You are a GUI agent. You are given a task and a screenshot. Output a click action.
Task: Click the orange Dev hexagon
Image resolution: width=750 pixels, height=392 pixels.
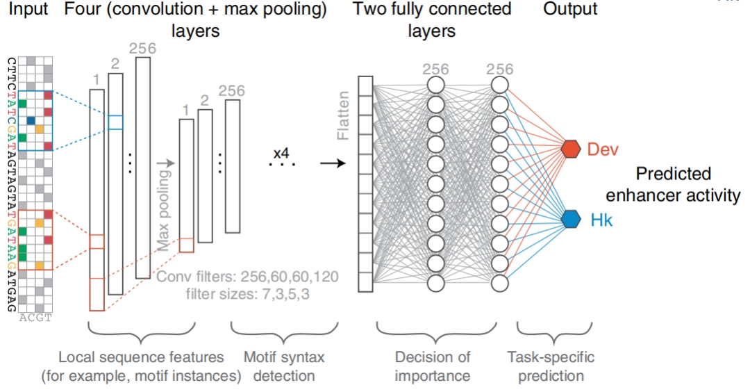pyautogui.click(x=571, y=149)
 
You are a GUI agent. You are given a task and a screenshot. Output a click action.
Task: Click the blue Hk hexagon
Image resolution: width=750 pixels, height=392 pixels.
pyautogui.click(x=571, y=220)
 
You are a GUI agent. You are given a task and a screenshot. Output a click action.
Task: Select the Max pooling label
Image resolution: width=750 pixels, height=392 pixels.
pyautogui.click(x=164, y=206)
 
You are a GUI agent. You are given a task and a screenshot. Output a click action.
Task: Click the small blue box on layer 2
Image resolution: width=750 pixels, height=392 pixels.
pyautogui.click(x=115, y=122)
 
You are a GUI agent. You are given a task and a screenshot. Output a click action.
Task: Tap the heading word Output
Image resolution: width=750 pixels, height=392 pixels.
pyautogui.click(x=569, y=10)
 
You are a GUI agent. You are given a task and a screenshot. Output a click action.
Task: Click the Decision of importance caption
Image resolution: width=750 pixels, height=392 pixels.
pyautogui.click(x=432, y=366)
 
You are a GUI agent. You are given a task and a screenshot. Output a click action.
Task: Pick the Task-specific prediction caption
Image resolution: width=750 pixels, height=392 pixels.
pyautogui.click(x=551, y=366)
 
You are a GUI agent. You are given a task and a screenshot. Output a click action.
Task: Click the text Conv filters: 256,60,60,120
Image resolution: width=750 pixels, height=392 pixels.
pyautogui.click(x=248, y=277)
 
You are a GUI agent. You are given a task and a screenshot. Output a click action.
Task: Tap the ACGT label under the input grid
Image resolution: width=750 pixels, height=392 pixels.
pyautogui.click(x=35, y=318)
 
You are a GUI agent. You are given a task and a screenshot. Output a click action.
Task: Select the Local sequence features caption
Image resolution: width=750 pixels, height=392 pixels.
pyautogui.click(x=141, y=366)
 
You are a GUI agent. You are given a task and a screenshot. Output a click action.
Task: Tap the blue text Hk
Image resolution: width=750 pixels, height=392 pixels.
pyautogui.click(x=598, y=220)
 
